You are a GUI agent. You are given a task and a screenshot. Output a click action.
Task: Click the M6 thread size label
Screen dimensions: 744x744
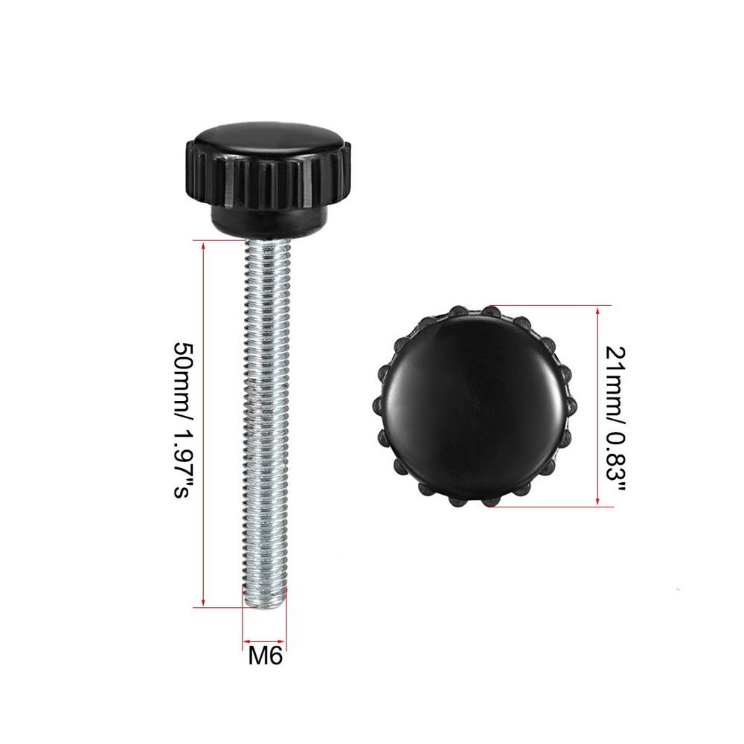(x=266, y=657)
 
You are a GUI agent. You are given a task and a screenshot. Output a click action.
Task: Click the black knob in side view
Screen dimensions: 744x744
(x=266, y=179)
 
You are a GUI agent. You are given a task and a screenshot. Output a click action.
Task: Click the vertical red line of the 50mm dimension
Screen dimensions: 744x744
(x=203, y=424)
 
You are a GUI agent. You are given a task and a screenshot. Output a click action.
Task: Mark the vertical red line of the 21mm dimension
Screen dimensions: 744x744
(x=598, y=406)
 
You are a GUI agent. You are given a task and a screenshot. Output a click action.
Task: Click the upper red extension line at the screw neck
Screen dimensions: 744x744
(x=219, y=241)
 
